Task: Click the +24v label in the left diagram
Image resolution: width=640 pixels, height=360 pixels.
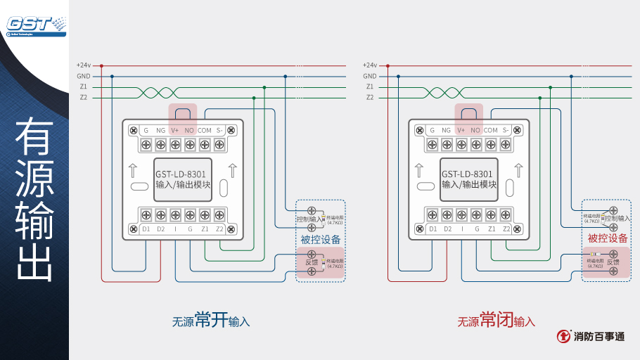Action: coord(84,65)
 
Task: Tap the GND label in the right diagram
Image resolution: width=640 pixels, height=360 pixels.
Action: coord(370,76)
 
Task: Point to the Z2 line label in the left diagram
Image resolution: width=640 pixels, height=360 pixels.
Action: coord(84,97)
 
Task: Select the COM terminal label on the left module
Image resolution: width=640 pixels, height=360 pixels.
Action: coord(204,130)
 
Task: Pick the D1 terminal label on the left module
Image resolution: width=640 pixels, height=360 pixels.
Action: coord(146,229)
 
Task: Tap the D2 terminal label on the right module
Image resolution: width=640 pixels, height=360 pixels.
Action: coord(447,229)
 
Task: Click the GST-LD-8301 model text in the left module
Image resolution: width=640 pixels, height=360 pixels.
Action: coord(180,174)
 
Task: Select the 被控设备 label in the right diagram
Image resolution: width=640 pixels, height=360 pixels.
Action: coord(608,238)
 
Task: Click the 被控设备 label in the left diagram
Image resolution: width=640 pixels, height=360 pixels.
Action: coord(321,239)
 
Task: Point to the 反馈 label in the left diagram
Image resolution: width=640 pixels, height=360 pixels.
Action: coord(312,262)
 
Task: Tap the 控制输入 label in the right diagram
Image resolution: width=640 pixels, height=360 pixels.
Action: coord(617,219)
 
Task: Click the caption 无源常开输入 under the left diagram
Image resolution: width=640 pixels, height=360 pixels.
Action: coord(211,321)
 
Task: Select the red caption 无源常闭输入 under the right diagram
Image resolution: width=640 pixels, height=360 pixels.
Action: coord(497,321)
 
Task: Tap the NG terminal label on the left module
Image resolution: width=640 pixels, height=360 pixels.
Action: coord(160,130)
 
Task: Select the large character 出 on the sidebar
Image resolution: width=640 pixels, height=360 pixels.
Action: coord(34,260)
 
